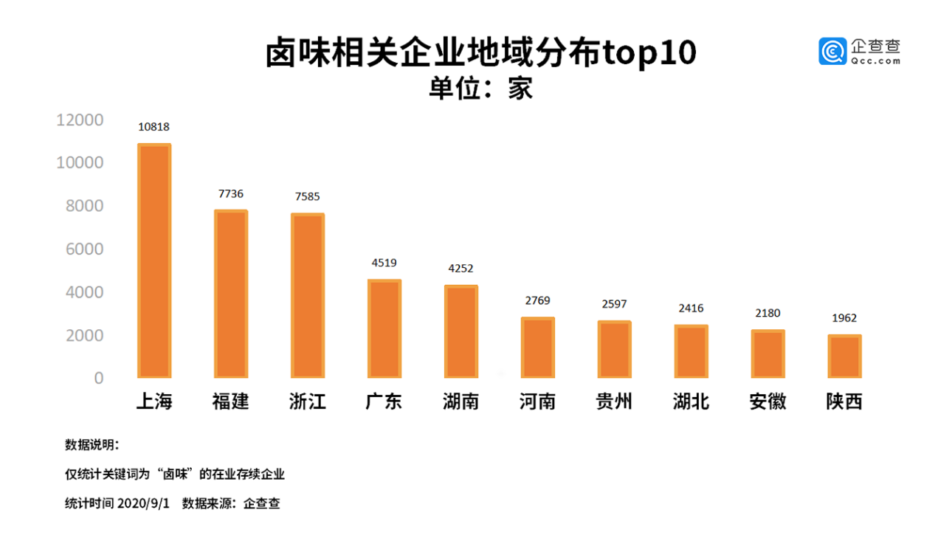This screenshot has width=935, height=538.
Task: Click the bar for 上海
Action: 154,261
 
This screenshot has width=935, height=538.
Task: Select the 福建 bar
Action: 231,294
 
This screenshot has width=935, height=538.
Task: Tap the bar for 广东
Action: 384,328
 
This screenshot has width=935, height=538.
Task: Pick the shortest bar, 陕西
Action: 844,356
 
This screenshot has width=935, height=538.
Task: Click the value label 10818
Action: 153,127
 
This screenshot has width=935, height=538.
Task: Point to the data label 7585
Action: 308,197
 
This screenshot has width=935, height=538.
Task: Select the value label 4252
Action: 461,269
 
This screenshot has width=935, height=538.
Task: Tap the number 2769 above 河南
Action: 537,301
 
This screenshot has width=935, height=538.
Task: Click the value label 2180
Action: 767,313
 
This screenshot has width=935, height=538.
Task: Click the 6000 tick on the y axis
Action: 84,249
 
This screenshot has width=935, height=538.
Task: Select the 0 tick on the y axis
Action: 98,378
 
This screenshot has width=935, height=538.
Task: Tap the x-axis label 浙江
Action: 308,401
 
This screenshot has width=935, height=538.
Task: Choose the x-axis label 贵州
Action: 614,401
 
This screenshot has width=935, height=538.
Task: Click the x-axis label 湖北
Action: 691,401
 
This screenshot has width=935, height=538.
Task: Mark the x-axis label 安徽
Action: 767,401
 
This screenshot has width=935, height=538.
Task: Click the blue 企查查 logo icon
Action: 832,51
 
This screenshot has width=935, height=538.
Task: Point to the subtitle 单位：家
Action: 480,89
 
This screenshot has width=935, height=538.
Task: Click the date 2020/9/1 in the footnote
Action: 144,504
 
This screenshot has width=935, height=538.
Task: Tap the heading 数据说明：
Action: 92,445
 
